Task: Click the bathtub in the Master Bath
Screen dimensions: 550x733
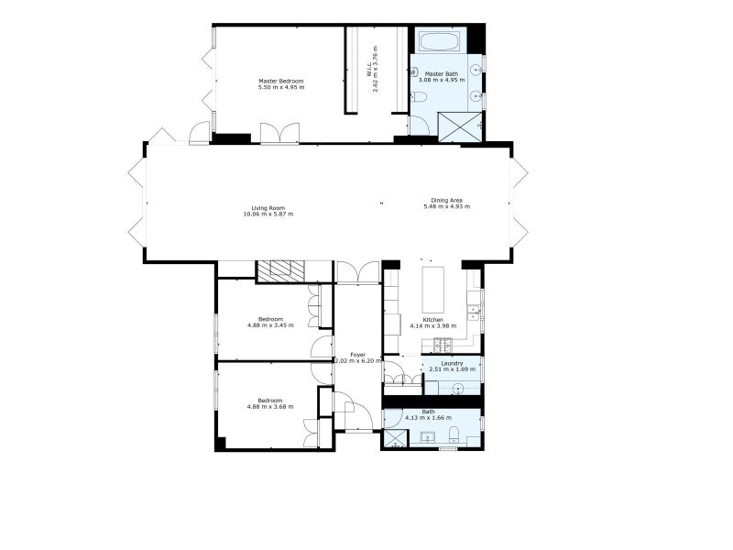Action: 442,41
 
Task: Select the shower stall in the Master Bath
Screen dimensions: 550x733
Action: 459,126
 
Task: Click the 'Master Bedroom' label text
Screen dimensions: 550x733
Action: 280,82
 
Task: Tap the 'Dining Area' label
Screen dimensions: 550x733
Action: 446,200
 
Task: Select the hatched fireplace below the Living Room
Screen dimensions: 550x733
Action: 279,270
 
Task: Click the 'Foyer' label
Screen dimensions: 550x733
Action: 357,354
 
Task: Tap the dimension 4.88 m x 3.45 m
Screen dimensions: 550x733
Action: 270,324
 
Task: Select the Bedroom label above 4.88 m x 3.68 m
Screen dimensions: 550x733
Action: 269,400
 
